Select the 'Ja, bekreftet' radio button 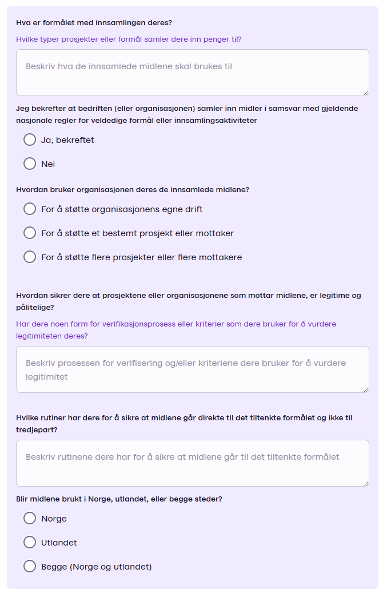[30, 140]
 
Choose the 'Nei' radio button [30, 164]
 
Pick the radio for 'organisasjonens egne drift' [30, 209]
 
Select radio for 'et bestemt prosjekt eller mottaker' [30, 233]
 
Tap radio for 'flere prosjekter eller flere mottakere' [30, 257]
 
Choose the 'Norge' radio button [30, 518]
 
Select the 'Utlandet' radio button [30, 542]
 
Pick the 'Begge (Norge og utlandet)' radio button [30, 566]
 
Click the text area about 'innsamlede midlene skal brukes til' [192, 73]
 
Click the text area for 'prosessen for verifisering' [192, 369]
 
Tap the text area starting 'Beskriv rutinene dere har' [192, 463]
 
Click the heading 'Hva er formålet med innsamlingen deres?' [94, 23]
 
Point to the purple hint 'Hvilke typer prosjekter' [129, 39]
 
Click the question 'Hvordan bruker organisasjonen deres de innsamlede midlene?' [133, 189]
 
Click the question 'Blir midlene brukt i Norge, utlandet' [119, 499]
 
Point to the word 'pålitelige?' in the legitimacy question [35, 307]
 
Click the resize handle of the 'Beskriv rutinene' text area [366, 483]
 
